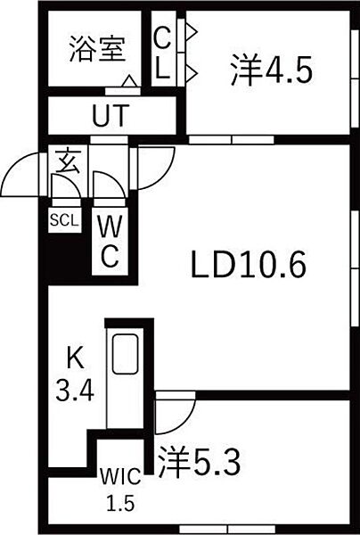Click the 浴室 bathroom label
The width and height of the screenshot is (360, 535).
(97, 49)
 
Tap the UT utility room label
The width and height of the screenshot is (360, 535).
(110, 116)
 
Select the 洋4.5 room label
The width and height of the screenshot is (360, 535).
(271, 71)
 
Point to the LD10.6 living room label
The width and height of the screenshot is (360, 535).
(249, 264)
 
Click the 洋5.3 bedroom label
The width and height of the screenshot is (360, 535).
(200, 462)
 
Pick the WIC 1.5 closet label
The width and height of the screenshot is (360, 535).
(120, 490)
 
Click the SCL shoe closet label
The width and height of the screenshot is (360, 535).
(64, 221)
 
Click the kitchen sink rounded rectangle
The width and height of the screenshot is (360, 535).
(126, 354)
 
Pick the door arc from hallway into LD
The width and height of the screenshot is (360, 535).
(166, 176)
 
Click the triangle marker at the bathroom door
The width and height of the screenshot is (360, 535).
(129, 81)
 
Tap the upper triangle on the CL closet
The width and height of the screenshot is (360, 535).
(192, 32)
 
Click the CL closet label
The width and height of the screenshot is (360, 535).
(162, 53)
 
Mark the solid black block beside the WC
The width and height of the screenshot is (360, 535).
(65, 257)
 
